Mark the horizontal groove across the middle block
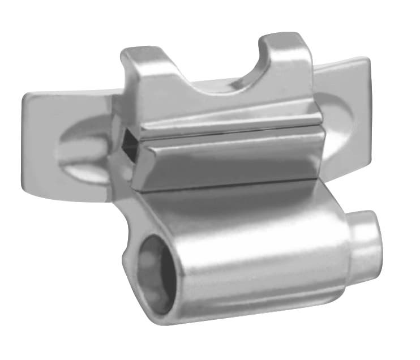pyautogui.click(x=226, y=131)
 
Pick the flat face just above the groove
pyautogui.click(x=226, y=116)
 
